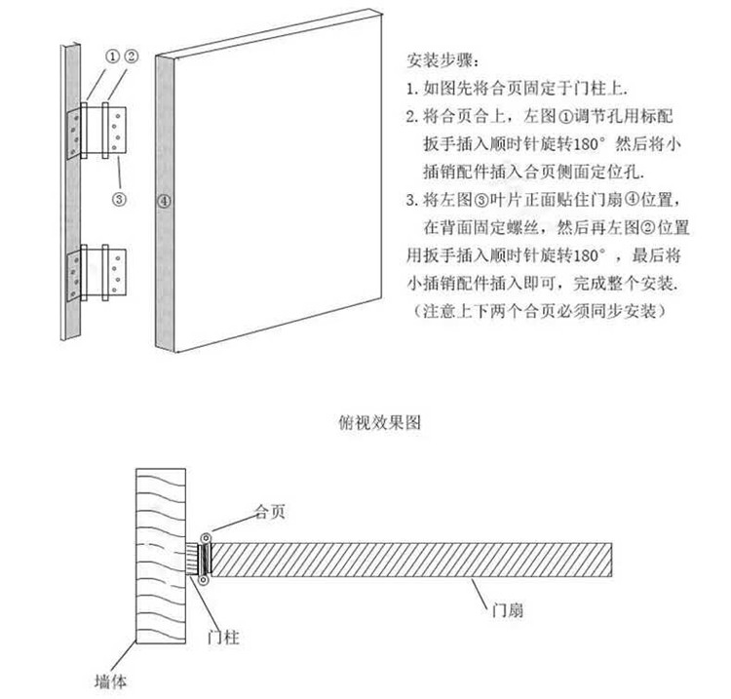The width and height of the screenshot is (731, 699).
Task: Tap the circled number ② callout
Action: tap(130, 57)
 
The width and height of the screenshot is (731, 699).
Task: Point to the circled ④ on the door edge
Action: tap(165, 202)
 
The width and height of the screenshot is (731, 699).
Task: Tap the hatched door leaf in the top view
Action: tap(409, 560)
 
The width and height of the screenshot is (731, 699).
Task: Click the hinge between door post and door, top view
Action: tap(205, 560)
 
